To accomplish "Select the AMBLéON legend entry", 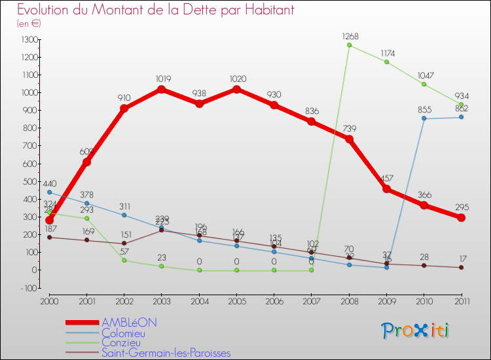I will click(129, 323).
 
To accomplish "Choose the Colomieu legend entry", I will click(122, 333).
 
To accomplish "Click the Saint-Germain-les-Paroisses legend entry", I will click(166, 353).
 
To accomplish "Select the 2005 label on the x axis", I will click(237, 301).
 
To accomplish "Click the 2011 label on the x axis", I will click(462, 301).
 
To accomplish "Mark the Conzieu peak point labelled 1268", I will click(350, 45).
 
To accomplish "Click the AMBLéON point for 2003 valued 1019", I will click(162, 89).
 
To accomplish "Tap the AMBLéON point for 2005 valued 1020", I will click(237, 89).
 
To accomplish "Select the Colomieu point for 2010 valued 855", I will click(424, 118).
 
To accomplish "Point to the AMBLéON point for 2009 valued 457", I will click(387, 189).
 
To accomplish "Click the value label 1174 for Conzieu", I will click(387, 52).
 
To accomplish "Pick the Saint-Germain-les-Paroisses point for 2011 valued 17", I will click(462, 267).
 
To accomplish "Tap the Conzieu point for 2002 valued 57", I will click(124, 260).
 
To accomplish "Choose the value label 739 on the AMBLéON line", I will click(350, 128).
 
